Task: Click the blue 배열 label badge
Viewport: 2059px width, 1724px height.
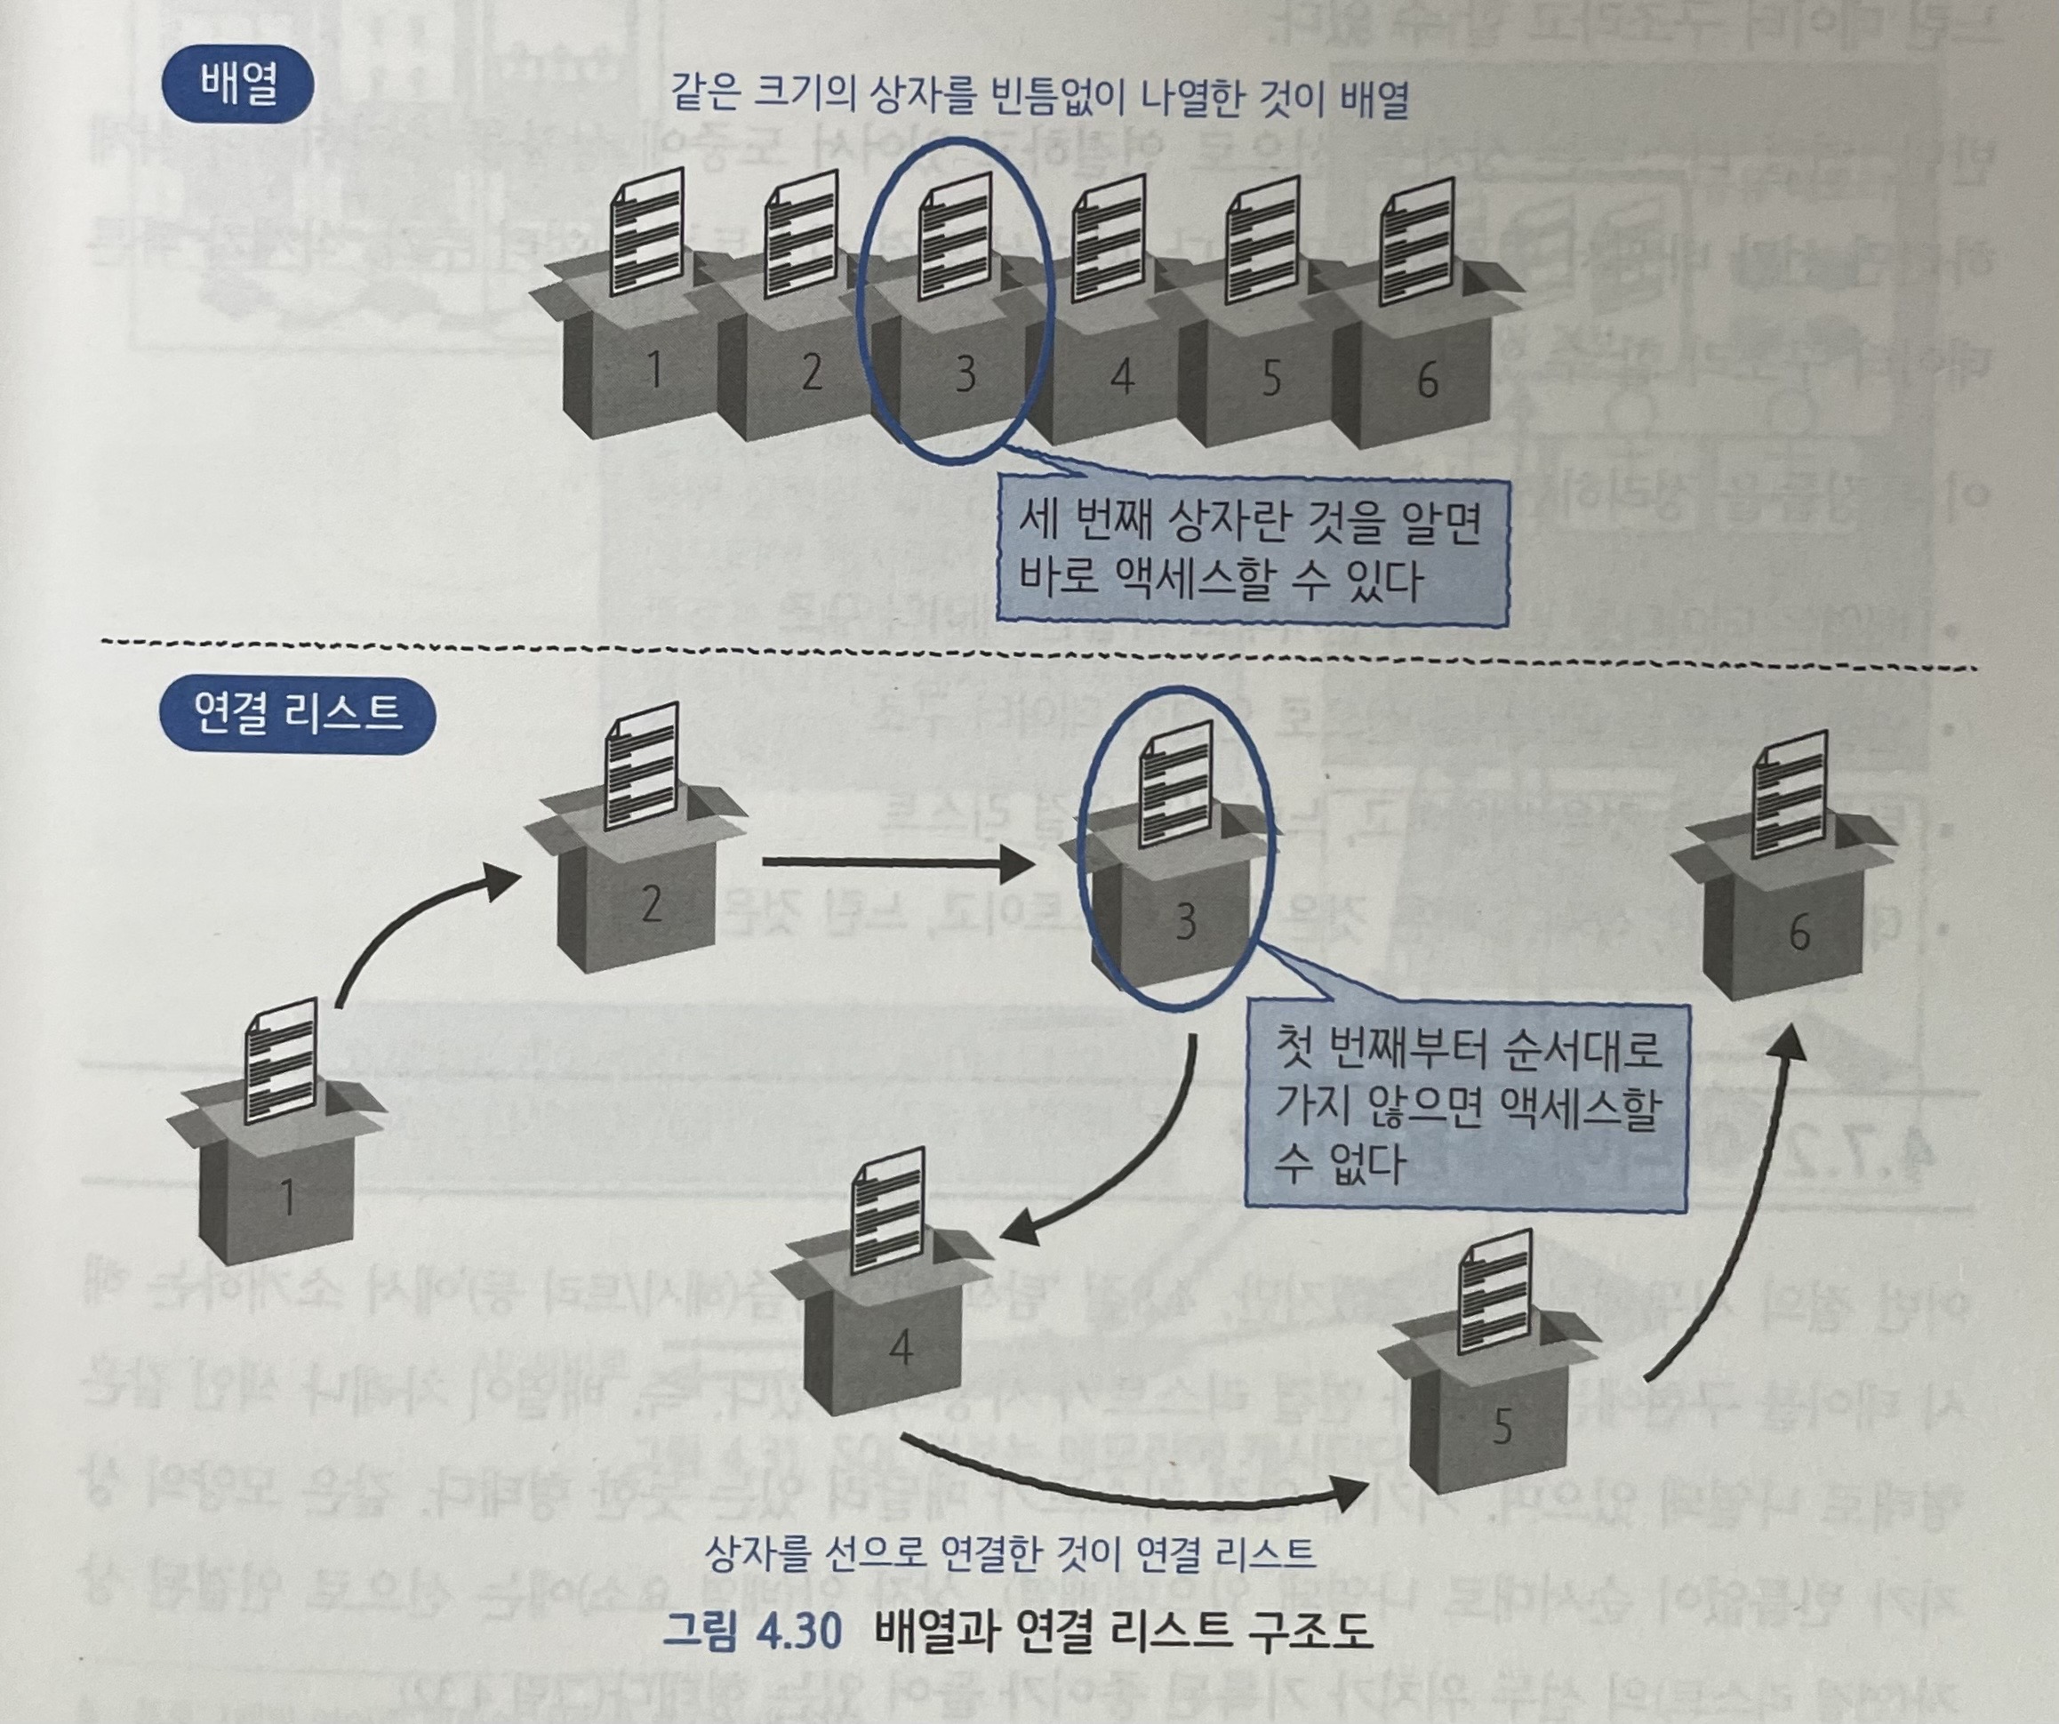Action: [x=237, y=85]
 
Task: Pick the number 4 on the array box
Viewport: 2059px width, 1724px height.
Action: [x=1123, y=374]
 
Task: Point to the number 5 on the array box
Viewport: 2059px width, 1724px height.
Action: [x=1270, y=378]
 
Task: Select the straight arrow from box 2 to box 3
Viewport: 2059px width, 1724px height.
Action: [x=897, y=863]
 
